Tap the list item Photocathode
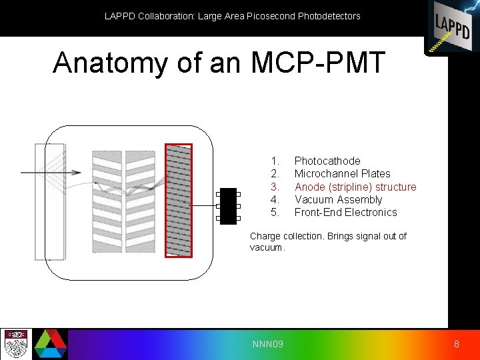pos(327,161)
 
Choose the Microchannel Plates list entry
pos(342,173)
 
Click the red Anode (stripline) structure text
pos(355,187)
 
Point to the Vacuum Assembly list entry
pos(338,199)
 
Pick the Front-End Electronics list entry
pos(345,212)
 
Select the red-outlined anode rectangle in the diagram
pos(178,200)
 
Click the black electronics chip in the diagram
pos(228,206)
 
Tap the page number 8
pos(456,344)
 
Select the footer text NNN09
pos(267,344)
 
